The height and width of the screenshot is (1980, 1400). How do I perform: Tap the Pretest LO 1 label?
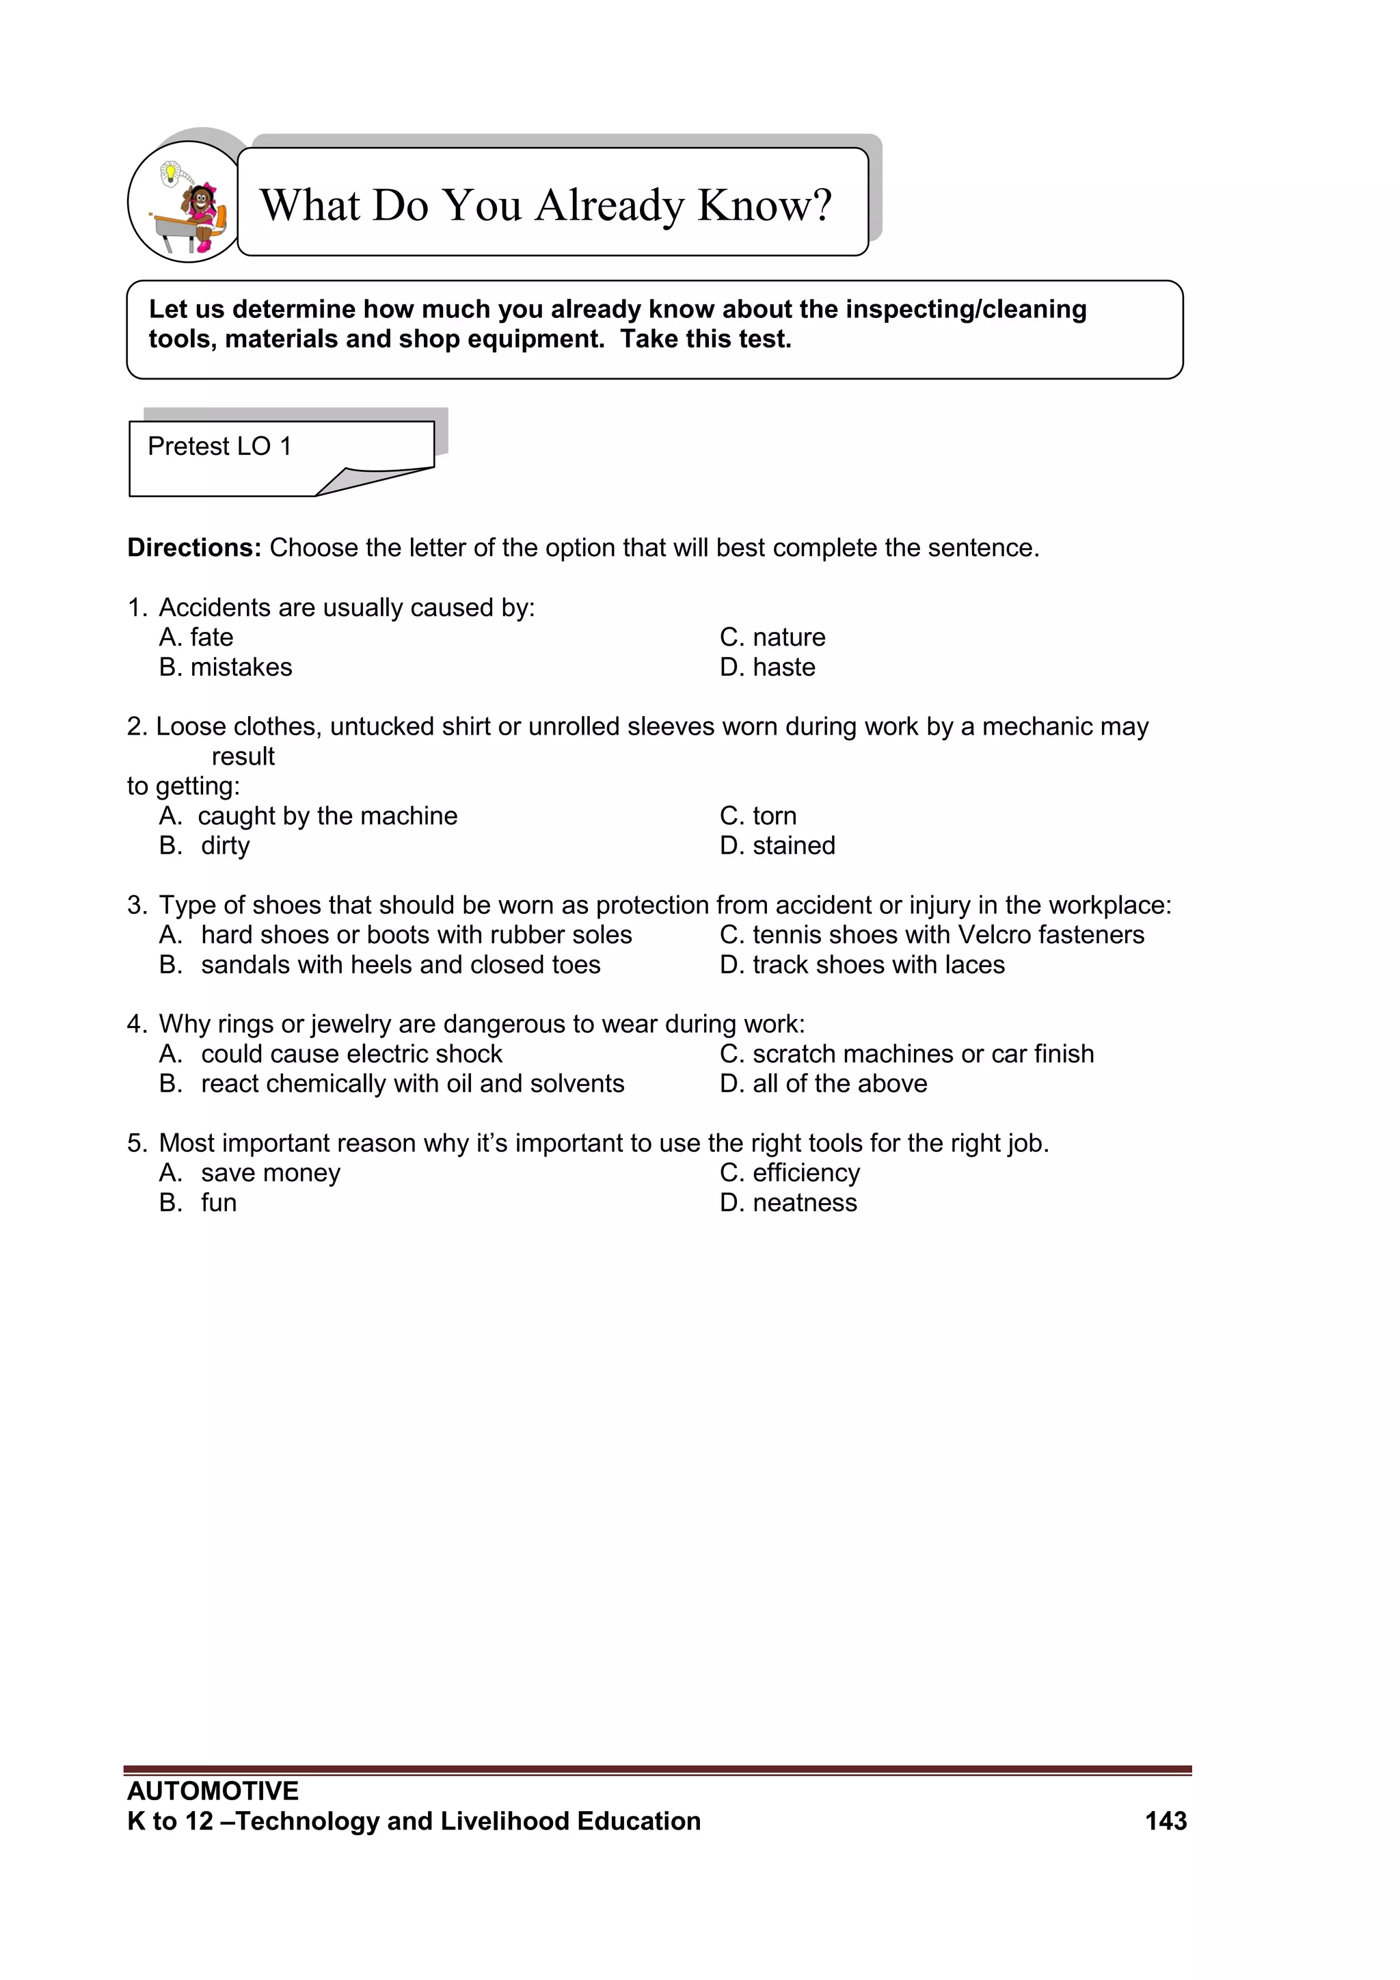[220, 447]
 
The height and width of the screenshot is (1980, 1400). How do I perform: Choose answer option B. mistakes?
[226, 668]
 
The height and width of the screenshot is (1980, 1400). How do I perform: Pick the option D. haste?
[767, 668]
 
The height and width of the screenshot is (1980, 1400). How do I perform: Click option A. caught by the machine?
[308, 816]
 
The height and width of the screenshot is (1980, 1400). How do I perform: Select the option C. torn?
[757, 816]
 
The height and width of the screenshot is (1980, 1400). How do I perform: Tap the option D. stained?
[777, 846]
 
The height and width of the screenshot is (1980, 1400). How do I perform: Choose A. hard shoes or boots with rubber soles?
[396, 935]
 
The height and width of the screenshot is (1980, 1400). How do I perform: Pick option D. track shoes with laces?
[862, 965]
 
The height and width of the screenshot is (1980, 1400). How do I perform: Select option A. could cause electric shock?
[330, 1054]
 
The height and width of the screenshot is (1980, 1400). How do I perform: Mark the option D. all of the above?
[823, 1084]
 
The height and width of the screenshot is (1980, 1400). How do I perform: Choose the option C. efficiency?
[790, 1173]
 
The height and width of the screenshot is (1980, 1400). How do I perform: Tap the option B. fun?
[198, 1203]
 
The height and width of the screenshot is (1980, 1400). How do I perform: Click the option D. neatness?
[788, 1203]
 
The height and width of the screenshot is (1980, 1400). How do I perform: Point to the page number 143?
[1166, 1821]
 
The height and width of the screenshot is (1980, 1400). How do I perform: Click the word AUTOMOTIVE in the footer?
[213, 1791]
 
